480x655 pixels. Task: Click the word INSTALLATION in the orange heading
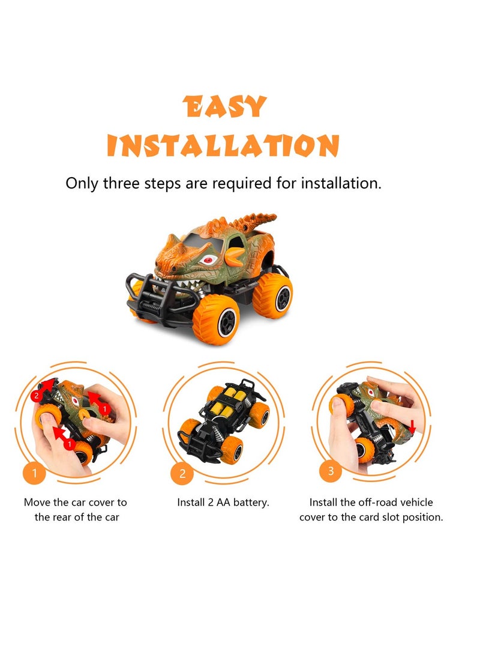tap(223, 146)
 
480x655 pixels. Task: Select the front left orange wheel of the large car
tap(215, 319)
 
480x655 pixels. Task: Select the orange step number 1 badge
tap(35, 473)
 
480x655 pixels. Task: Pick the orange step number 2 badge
tap(182, 474)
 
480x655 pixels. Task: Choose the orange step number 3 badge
tap(330, 471)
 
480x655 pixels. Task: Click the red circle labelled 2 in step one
tap(36, 395)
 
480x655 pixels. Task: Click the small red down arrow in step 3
tap(413, 426)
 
